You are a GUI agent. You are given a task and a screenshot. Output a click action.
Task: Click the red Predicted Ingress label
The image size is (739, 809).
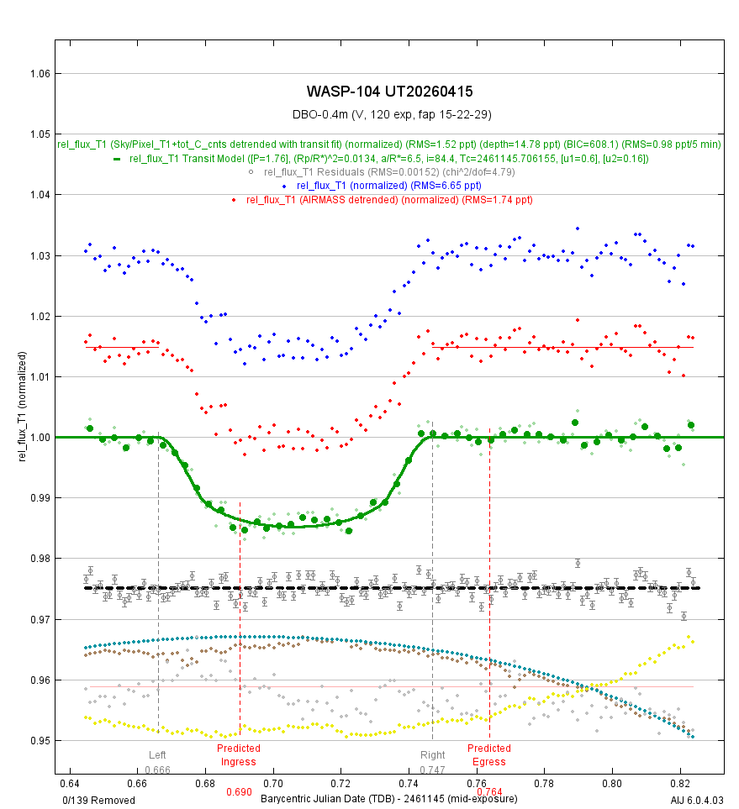click(x=238, y=754)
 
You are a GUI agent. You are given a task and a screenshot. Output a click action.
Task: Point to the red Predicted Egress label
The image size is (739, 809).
click(x=488, y=754)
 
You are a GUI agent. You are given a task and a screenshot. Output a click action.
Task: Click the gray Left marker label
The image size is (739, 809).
click(x=157, y=754)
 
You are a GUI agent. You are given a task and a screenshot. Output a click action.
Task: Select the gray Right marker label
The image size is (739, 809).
click(x=432, y=754)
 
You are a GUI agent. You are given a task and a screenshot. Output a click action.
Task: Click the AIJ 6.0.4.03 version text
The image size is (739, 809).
click(x=697, y=800)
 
